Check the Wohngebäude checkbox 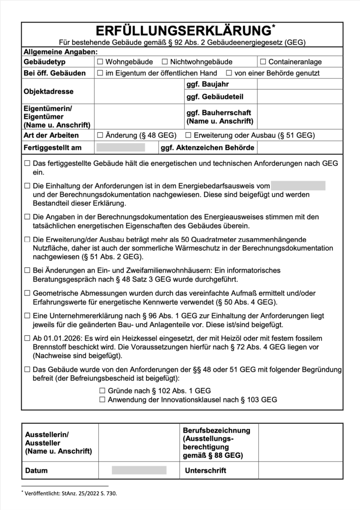(100, 62)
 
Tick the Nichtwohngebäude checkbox (165, 62)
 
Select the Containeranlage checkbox (263, 62)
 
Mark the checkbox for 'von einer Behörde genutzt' (229, 73)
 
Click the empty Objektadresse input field (139, 91)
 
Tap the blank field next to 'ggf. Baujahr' (300, 85)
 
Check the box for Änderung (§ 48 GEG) (100, 136)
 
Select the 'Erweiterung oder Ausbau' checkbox (188, 136)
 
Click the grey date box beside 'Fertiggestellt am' (120, 148)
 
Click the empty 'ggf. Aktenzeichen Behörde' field (300, 148)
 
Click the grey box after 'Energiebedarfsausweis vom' (298, 186)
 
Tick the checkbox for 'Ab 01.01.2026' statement (27, 338)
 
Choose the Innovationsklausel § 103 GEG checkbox (102, 400)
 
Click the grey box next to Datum (139, 470)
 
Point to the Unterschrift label (206, 471)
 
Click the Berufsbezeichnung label (216, 431)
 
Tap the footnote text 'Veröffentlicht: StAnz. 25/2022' (70, 494)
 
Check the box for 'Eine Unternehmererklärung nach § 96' (27, 316)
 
